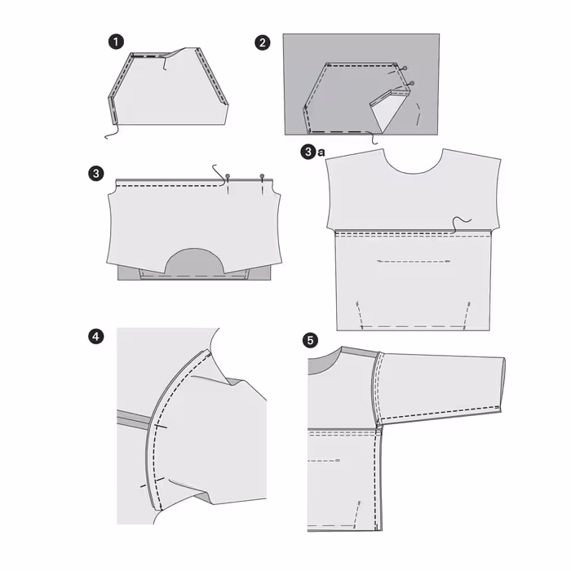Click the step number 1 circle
click(x=116, y=42)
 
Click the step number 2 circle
click(x=263, y=43)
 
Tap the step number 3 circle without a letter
click(x=96, y=173)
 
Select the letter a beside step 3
click(x=321, y=153)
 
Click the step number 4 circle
click(x=95, y=336)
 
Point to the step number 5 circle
click(x=310, y=340)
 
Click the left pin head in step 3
click(x=228, y=176)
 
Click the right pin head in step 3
click(x=262, y=176)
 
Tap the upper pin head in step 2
click(x=405, y=68)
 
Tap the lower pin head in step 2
click(x=412, y=83)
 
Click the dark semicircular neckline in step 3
click(x=194, y=262)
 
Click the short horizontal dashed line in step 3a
click(x=414, y=261)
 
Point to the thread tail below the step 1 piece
click(x=112, y=132)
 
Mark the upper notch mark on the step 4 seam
click(x=160, y=426)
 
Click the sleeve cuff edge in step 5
click(x=503, y=385)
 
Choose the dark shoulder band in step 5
click(x=361, y=352)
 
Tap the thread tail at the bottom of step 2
click(x=373, y=138)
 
